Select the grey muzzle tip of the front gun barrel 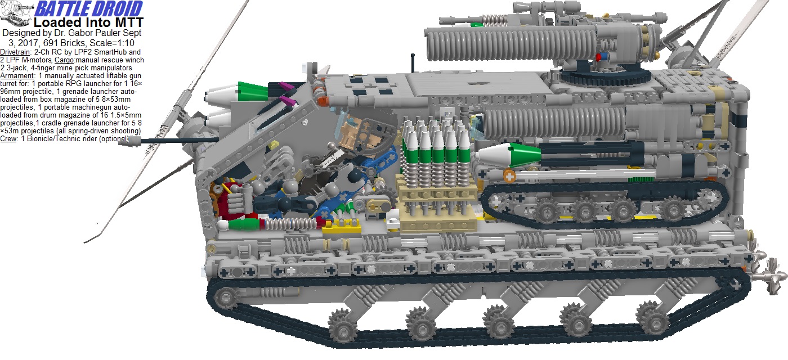point(127,143)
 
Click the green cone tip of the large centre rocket point(518,151)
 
